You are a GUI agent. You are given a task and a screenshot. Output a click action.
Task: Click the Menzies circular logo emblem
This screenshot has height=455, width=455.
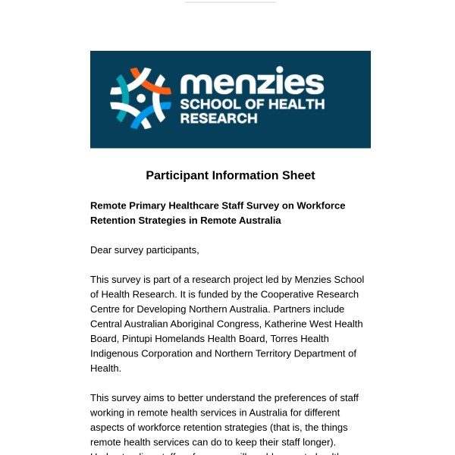[x=140, y=99]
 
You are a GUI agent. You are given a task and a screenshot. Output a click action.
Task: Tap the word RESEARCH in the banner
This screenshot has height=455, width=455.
[x=218, y=118]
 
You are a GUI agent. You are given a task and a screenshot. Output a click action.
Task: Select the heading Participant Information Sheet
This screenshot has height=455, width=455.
[x=231, y=175]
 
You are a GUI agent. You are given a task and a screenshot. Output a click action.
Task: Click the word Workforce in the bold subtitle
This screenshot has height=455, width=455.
[x=318, y=206]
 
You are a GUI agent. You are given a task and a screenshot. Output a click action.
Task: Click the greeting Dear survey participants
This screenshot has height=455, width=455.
[x=145, y=249]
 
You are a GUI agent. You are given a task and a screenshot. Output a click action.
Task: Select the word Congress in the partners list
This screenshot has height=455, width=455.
[x=238, y=324]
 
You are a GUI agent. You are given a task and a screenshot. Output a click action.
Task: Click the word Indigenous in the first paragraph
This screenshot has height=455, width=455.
[x=115, y=353]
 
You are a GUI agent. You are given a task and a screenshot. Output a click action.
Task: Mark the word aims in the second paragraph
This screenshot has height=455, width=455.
[x=153, y=397]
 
